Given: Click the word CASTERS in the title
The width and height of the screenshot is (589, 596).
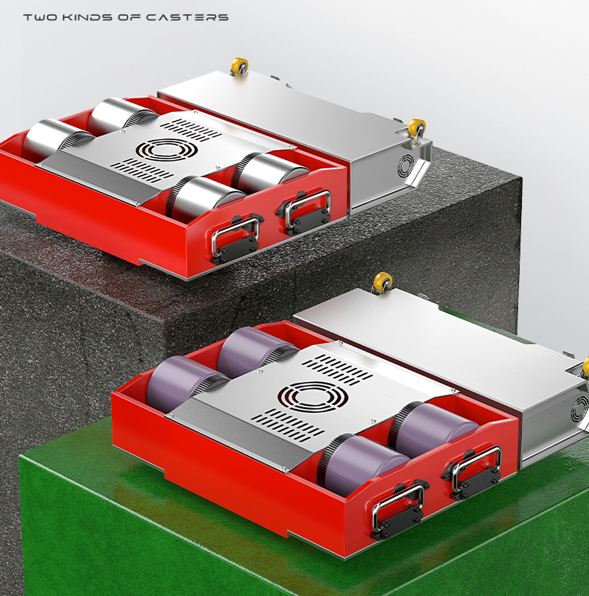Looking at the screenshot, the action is [187, 17].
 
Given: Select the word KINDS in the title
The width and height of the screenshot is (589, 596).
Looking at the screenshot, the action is [87, 17].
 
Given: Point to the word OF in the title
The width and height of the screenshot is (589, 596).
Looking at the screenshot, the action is [130, 17].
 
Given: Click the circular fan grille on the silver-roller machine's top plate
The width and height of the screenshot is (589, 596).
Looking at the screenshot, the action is [167, 150].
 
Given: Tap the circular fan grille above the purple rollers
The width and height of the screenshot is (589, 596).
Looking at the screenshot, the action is [312, 397].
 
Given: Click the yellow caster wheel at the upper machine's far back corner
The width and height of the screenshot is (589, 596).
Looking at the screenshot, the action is [239, 66].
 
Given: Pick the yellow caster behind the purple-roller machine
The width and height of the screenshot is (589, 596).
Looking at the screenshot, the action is [382, 283].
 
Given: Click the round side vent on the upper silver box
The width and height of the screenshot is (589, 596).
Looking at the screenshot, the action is [406, 166].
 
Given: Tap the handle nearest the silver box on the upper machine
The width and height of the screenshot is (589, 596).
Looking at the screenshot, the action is [306, 209].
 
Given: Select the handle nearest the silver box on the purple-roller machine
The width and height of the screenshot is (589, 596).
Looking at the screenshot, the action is [473, 472].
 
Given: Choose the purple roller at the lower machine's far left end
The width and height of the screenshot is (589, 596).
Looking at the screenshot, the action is [186, 382].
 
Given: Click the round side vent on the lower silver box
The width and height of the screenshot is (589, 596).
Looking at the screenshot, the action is [579, 408].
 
